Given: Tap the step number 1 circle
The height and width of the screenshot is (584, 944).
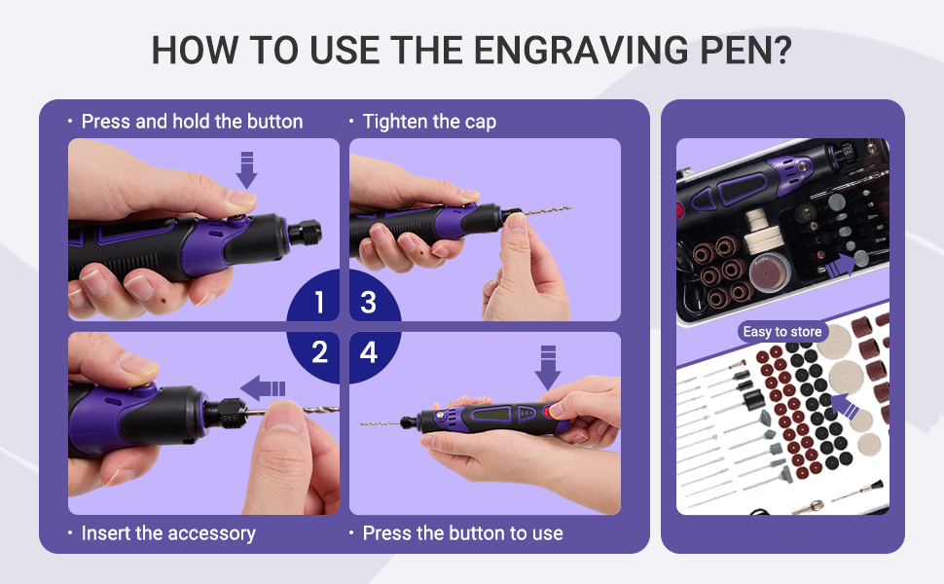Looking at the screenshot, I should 319,303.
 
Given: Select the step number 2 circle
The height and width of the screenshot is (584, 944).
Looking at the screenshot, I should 319,351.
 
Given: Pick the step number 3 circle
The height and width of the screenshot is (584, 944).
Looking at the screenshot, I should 368,303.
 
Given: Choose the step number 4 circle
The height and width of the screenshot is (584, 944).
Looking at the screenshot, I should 368,351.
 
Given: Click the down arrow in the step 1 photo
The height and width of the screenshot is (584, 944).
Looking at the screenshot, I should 247,169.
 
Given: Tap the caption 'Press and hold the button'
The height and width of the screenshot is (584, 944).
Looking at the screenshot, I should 192,122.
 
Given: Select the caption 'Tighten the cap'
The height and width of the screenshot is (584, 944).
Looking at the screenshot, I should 428,122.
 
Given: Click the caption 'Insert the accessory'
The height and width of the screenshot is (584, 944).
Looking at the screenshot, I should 167,533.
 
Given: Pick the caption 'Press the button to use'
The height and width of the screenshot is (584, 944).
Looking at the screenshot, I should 462,533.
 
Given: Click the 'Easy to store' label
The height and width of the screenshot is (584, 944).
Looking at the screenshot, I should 782,332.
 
